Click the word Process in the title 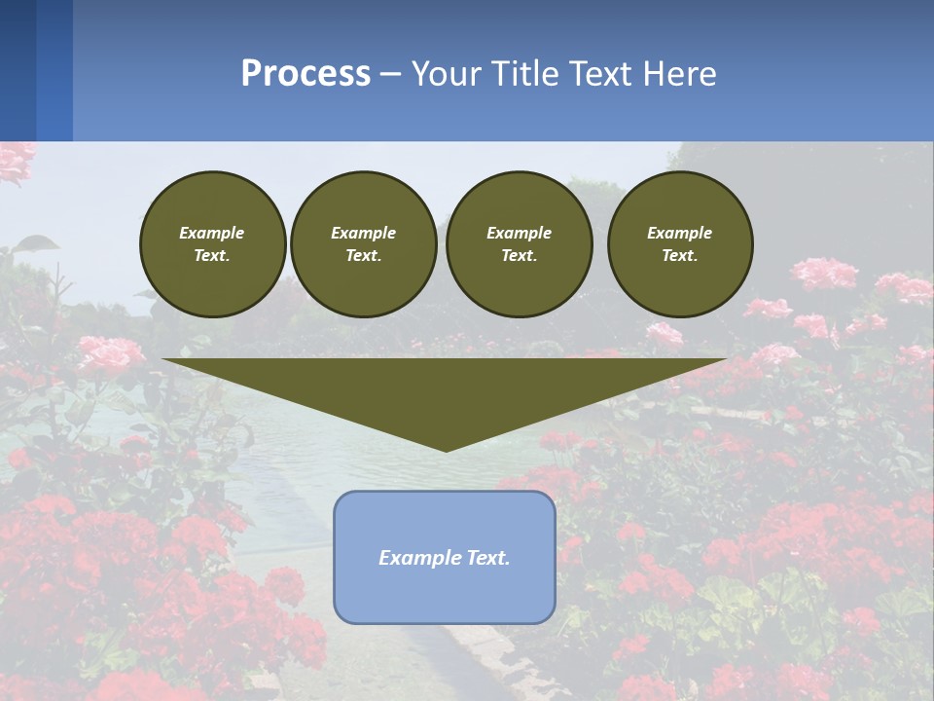point(305,73)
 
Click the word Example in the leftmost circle point(212,233)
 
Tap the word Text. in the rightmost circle point(679,255)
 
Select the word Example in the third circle point(519,233)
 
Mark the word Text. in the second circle point(363,255)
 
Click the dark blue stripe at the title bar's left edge point(18,70)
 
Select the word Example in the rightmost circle point(679,233)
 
